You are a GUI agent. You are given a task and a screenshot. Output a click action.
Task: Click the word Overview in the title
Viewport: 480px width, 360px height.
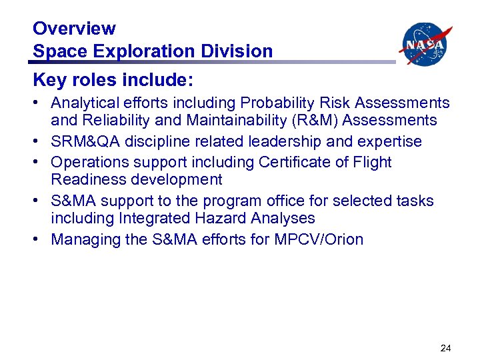tap(74, 29)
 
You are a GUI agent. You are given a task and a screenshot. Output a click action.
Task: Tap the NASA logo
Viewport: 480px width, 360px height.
tap(425, 44)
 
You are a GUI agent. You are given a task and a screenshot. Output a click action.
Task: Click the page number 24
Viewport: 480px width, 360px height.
tap(445, 347)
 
